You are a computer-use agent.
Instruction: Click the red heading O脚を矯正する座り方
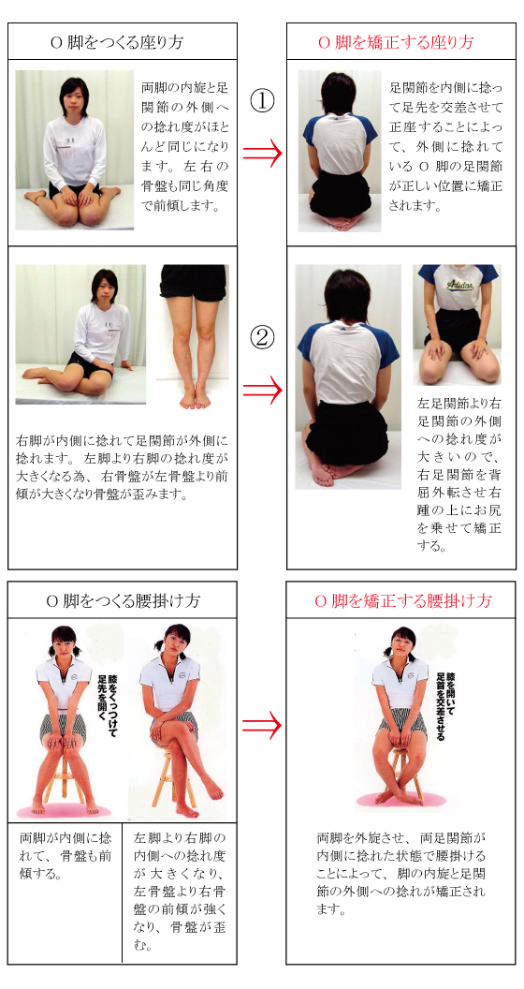coord(396,42)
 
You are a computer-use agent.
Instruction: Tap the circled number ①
coord(263,101)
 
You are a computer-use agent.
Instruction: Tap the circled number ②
coord(263,339)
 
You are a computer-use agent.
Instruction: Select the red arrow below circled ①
coord(263,154)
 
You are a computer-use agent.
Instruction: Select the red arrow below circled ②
coord(263,391)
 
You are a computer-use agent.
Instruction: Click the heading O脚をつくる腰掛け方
coord(123,601)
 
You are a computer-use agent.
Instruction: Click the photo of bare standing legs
coord(193,337)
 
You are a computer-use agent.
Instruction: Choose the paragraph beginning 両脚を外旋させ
coord(401,874)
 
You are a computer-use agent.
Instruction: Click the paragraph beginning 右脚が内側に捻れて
coord(123,465)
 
